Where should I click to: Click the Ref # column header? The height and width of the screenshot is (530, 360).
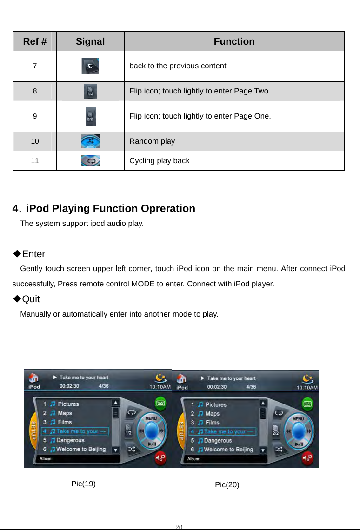pyautogui.click(x=34, y=41)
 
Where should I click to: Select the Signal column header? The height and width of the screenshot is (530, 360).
pyautogui.click(x=90, y=41)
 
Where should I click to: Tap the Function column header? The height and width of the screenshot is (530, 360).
pyautogui.click(x=234, y=41)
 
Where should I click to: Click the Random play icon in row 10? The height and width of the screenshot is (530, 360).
pyautogui.click(x=90, y=141)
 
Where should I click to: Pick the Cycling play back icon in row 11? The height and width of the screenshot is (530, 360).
pyautogui.click(x=90, y=161)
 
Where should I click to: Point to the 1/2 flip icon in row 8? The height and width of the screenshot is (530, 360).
pyautogui.click(x=90, y=92)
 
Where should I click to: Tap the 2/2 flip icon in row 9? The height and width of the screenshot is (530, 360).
pyautogui.click(x=90, y=116)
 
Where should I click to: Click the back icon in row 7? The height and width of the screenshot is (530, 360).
pyautogui.click(x=90, y=66)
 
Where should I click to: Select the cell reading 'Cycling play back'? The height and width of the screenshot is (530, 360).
pyautogui.click(x=160, y=161)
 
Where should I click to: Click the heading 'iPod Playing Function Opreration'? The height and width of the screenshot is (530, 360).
pyautogui.click(x=111, y=208)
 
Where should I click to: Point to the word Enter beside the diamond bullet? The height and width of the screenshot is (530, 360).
pyautogui.click(x=33, y=254)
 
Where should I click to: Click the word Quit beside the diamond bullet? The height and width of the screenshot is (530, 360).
pyautogui.click(x=31, y=298)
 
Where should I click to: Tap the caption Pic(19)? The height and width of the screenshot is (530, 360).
pyautogui.click(x=84, y=483)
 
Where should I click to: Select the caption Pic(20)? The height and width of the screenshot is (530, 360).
pyautogui.click(x=227, y=485)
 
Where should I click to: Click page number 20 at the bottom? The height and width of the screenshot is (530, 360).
pyautogui.click(x=180, y=526)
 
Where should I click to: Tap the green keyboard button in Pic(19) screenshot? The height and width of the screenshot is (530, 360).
pyautogui.click(x=160, y=403)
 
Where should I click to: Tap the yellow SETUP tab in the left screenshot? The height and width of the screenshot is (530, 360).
pyautogui.click(x=33, y=431)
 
